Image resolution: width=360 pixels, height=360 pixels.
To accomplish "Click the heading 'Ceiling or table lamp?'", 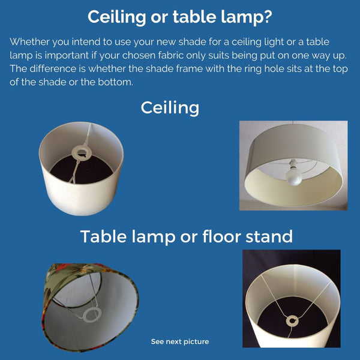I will [x=179, y=17].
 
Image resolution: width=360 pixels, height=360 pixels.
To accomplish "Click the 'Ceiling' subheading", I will [x=170, y=107].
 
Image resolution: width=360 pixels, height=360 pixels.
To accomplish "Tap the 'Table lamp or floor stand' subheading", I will [x=187, y=236].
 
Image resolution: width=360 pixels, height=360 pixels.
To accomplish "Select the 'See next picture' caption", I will [x=180, y=341].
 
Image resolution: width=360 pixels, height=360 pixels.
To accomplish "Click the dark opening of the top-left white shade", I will [x=90, y=174].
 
